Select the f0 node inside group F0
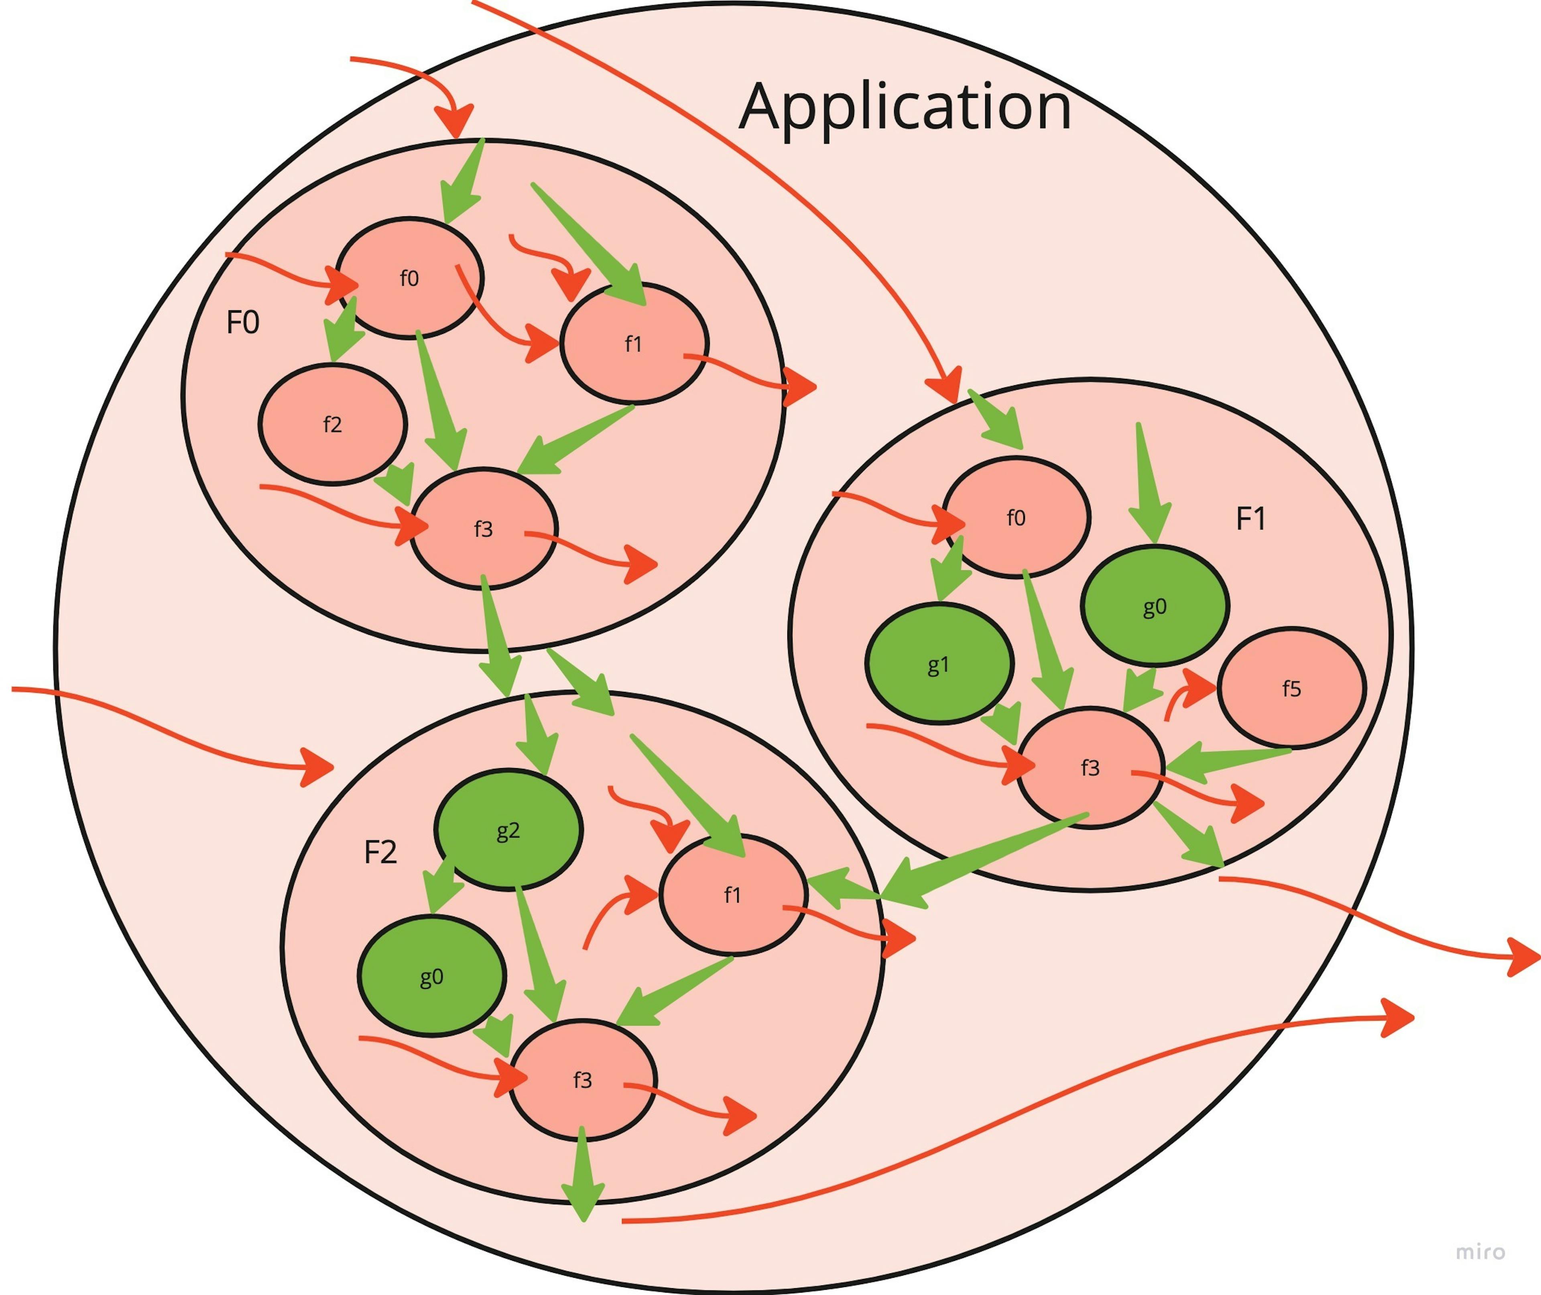tap(409, 278)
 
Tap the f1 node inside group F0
tap(634, 344)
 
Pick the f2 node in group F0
tap(333, 424)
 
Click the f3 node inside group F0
tap(483, 529)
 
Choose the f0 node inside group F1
tap(1016, 518)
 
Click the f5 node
tap(1291, 688)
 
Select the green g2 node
tap(508, 829)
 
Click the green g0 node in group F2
tap(432, 976)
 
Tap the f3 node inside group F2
tap(582, 1080)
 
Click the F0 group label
tap(242, 322)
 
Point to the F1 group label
tap(1251, 519)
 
